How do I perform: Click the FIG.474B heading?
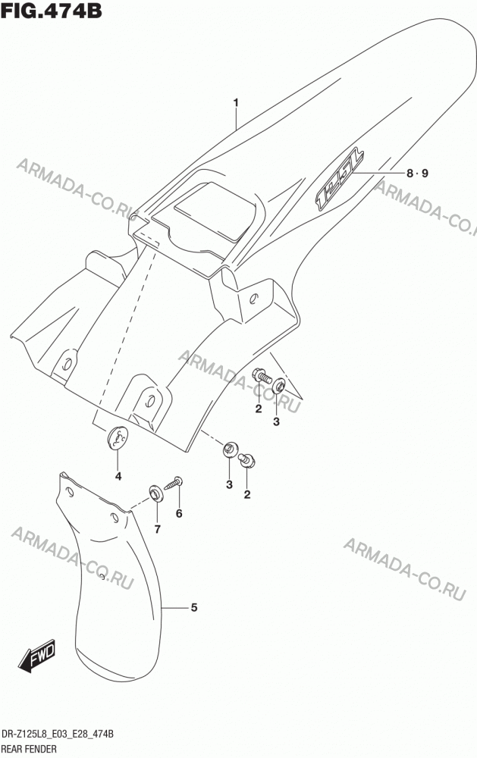pyautogui.click(x=52, y=10)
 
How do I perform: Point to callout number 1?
pyautogui.click(x=236, y=102)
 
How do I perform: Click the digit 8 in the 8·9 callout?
pyautogui.click(x=410, y=173)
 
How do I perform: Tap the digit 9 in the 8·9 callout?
pyautogui.click(x=425, y=173)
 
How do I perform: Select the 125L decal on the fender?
pyautogui.click(x=340, y=179)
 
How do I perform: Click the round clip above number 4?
pyautogui.click(x=118, y=438)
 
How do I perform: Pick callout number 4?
pyautogui.click(x=118, y=476)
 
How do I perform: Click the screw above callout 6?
pyautogui.click(x=173, y=483)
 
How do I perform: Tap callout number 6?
pyautogui.click(x=179, y=513)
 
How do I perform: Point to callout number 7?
pyautogui.click(x=157, y=529)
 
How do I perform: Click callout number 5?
pyautogui.click(x=194, y=607)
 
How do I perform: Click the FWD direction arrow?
pyautogui.click(x=37, y=656)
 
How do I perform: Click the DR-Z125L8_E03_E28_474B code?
pyautogui.click(x=58, y=735)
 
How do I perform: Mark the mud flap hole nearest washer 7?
pyautogui.click(x=115, y=518)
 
